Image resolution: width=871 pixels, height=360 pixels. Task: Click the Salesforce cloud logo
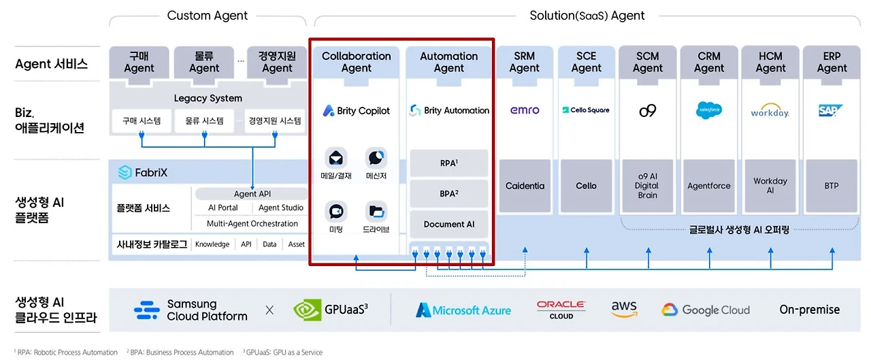709,110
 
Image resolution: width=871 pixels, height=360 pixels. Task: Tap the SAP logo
831,110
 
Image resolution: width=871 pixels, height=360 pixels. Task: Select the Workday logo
770,110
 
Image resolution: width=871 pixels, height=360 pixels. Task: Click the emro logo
525,110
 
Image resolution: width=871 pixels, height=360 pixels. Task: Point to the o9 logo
647,111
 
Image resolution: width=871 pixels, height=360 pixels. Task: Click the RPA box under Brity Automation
448,163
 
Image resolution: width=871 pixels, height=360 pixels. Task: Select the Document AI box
448,225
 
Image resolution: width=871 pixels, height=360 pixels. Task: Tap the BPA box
448,193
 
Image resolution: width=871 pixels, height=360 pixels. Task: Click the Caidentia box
525,186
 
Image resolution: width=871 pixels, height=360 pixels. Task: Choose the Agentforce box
709,186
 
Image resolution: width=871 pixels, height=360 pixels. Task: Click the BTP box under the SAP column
832,186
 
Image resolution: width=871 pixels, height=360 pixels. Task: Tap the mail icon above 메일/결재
336,159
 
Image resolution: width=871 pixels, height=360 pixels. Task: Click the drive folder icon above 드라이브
376,212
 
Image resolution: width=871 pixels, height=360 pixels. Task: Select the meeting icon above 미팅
336,212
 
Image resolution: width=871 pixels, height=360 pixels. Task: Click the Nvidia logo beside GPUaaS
307,310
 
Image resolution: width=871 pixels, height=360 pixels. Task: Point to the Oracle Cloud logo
561,310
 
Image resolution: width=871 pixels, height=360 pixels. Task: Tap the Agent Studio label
281,208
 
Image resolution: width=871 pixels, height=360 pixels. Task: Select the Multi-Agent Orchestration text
252,223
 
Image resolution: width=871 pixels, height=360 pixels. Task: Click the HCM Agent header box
770,62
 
